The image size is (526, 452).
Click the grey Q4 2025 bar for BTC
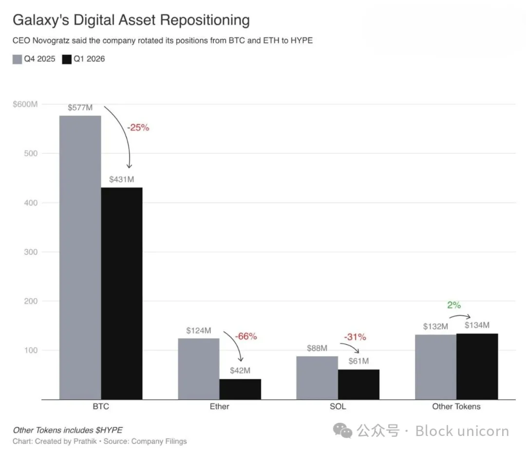(x=80, y=257)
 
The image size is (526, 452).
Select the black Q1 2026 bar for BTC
(x=122, y=293)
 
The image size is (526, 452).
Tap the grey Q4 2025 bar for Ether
(x=199, y=369)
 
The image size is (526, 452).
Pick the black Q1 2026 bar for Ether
(x=240, y=389)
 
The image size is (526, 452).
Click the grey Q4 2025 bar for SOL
(x=317, y=378)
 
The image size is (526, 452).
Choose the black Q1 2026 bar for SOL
(x=358, y=385)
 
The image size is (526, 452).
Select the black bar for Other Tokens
(x=477, y=366)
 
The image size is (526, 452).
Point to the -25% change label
(x=138, y=128)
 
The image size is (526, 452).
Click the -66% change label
(x=246, y=336)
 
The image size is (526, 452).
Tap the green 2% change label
(x=454, y=305)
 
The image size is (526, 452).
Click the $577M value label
(x=80, y=107)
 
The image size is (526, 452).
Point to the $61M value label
(x=358, y=361)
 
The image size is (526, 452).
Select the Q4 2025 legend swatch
(x=17, y=59)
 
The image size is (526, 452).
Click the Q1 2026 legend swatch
(x=67, y=59)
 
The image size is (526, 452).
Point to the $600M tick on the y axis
(x=25, y=104)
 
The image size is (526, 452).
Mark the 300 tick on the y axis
(x=31, y=252)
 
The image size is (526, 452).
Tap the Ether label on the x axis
(x=219, y=406)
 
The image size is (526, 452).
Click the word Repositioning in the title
(x=205, y=20)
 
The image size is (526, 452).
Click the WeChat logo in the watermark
(x=342, y=431)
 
